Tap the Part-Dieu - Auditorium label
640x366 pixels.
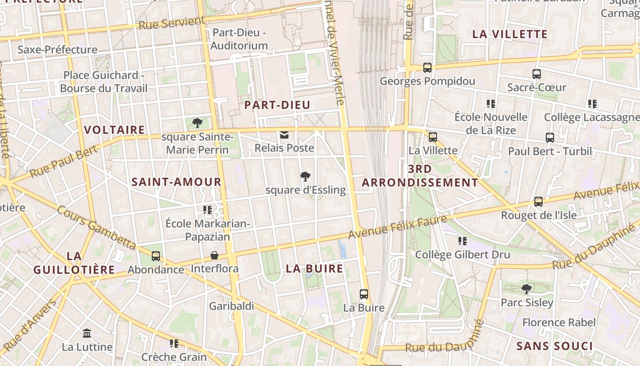tap(239, 39)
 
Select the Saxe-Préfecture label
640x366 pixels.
tap(57, 49)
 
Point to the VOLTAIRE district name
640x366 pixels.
tap(114, 130)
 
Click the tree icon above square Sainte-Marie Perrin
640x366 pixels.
tap(197, 123)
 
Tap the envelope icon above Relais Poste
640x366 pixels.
tap(284, 135)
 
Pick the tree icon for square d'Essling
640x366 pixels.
tap(305, 177)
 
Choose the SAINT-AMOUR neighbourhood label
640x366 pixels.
tap(176, 182)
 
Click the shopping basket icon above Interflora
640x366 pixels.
tap(214, 255)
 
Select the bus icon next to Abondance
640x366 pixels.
tap(156, 256)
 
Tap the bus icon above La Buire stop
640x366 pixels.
tap(364, 294)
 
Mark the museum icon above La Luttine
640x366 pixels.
tap(87, 334)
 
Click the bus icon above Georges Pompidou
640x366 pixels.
tap(427, 68)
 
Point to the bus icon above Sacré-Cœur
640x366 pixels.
tap(537, 74)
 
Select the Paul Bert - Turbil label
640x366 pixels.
tap(550, 151)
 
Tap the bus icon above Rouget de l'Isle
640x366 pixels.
tap(539, 201)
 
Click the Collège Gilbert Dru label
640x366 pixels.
tap(462, 255)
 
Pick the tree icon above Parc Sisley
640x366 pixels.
tap(527, 289)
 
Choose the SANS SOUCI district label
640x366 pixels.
tap(554, 346)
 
